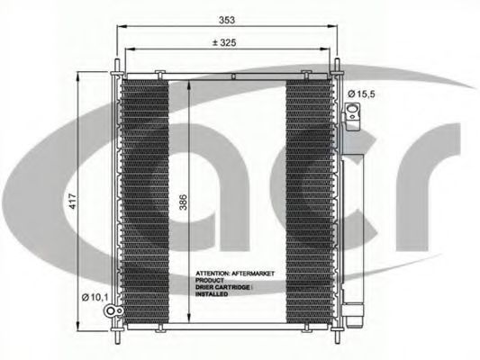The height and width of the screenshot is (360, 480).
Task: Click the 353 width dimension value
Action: (227, 20)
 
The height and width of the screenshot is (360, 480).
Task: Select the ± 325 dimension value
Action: (225, 43)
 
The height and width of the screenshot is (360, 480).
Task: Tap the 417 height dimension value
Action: (73, 202)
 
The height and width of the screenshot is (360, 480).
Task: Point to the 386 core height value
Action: (183, 202)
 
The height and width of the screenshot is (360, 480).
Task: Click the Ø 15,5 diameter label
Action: (361, 94)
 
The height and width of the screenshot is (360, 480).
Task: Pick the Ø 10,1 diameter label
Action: (95, 297)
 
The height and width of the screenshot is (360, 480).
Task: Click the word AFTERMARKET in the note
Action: (253, 274)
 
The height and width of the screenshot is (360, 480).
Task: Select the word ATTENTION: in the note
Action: (213, 274)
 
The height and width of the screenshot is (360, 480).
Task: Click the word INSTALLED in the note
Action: (212, 294)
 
